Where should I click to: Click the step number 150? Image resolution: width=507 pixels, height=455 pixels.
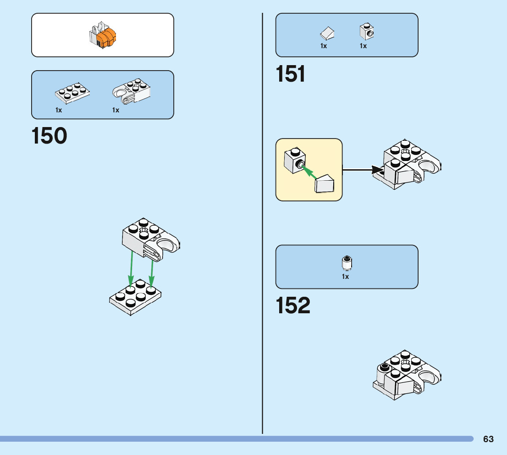click(x=50, y=136)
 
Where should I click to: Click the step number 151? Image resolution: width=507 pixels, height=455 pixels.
click(x=291, y=74)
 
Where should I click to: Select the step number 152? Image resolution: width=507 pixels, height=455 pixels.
click(x=293, y=306)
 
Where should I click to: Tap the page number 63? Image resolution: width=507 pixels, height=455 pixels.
click(x=488, y=439)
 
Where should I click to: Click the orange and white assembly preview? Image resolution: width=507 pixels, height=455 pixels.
click(x=103, y=36)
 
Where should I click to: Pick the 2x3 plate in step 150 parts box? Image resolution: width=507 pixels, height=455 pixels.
click(x=72, y=93)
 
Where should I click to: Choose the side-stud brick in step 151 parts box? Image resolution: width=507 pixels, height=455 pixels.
click(x=367, y=31)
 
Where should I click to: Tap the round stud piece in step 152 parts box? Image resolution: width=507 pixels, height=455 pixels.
click(x=347, y=262)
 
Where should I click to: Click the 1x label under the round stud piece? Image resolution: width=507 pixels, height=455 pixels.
click(x=345, y=277)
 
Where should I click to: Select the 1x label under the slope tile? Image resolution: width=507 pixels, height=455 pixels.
click(x=324, y=46)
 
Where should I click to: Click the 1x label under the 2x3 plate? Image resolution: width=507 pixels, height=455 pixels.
click(x=59, y=110)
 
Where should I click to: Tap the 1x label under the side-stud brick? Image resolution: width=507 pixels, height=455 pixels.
click(x=363, y=46)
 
